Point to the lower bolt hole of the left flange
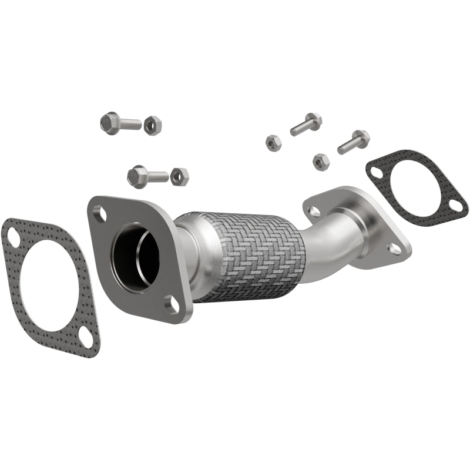(172, 303)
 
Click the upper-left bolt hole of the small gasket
(376, 172)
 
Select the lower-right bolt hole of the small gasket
(455, 205)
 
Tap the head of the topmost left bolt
(109, 122)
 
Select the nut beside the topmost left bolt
(153, 125)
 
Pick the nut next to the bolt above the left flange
(180, 176)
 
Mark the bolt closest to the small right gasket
(354, 141)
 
